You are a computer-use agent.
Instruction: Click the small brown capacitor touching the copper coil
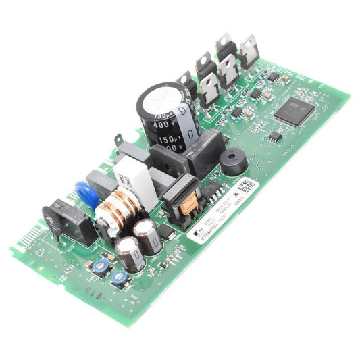(x=147, y=235)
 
